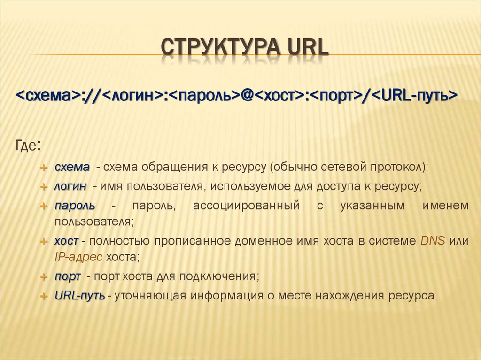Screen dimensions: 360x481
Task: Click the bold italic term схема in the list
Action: pos(72,167)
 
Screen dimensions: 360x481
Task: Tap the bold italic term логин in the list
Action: pos(70,186)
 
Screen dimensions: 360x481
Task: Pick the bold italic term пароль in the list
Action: pos(75,206)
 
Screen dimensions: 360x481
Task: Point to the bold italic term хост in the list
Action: pos(66,241)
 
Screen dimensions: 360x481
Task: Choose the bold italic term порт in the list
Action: pos(68,276)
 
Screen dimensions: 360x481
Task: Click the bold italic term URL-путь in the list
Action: pos(79,296)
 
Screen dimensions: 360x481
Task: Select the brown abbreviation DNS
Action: pos(431,241)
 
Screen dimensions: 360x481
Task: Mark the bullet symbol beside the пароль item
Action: pos(43,206)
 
